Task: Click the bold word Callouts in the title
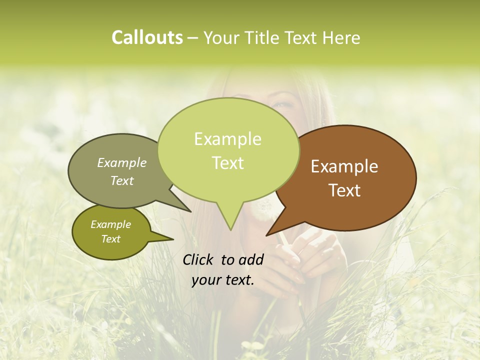147,37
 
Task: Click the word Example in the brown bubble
344,166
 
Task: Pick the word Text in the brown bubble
344,190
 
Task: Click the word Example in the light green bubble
227,139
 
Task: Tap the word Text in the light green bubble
227,163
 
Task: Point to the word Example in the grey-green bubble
122,163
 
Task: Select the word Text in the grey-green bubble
122,180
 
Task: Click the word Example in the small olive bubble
110,224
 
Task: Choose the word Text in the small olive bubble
110,239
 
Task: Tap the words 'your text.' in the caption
223,280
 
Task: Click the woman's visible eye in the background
281,104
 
